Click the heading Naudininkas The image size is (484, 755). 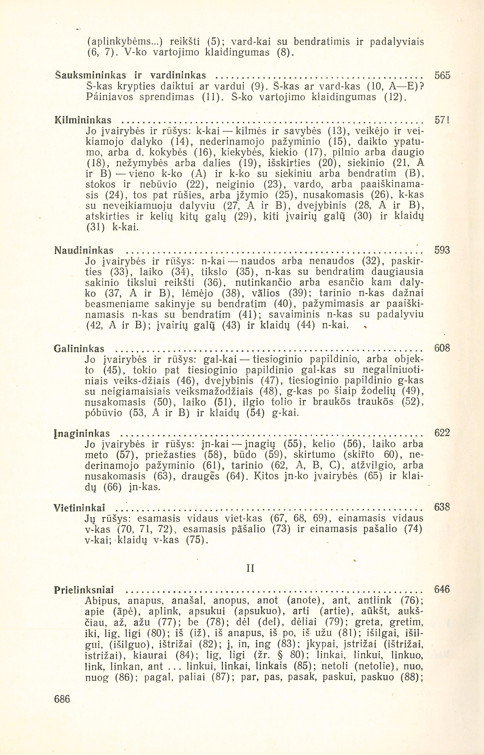pos(84,251)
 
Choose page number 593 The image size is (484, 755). pos(442,250)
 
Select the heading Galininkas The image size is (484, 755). pos(79,349)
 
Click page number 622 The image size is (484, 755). pos(442,433)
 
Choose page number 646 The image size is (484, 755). pos(442,589)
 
